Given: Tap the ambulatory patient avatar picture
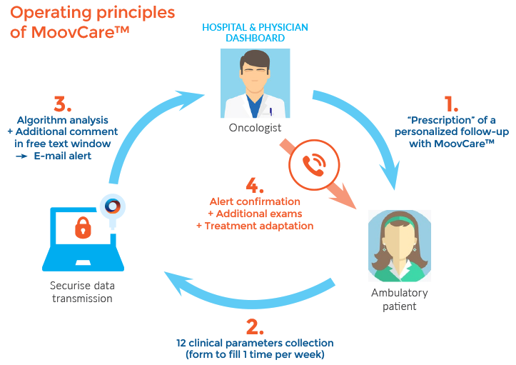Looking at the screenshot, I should tap(400, 244).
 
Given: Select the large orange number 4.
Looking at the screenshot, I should tap(256, 192).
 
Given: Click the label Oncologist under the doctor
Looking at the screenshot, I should tap(254, 129).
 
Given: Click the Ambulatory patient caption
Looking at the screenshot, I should tap(400, 299).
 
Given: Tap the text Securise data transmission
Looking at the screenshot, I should tap(82, 291).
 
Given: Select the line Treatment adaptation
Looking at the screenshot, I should tap(255, 226).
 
